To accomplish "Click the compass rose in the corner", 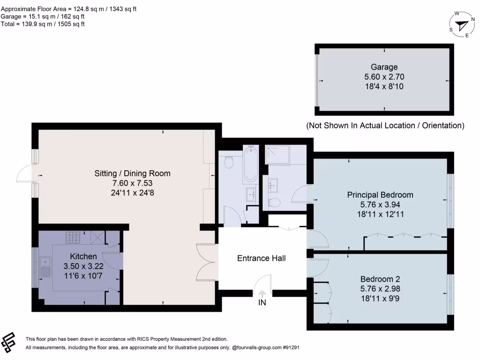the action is click(462, 25).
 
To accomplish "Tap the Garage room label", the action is click(384, 67).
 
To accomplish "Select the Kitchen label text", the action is click(83, 256).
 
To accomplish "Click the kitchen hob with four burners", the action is click(73, 237).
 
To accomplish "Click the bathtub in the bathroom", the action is click(251, 164).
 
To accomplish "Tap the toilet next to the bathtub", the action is click(229, 162).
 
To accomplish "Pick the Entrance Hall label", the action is click(262, 258).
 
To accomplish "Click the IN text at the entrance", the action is click(262, 302).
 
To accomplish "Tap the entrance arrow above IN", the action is click(262, 294).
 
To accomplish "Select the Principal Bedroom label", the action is click(380, 195).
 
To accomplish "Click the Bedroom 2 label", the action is click(380, 279).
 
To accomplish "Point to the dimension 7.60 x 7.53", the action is click(132, 183).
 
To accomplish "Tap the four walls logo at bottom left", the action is click(8, 342).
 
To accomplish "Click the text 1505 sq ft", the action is click(71, 24).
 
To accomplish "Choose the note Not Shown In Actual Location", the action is click(385, 125).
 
